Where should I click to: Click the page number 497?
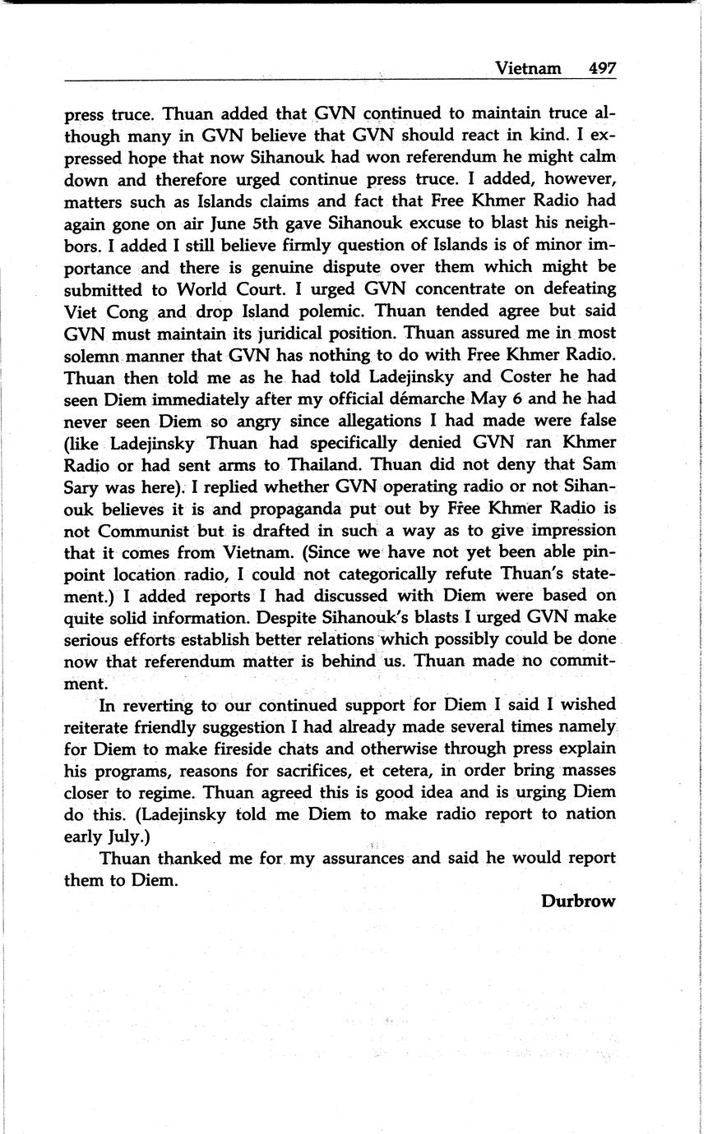602,68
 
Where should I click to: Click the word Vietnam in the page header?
528,68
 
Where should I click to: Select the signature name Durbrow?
578,901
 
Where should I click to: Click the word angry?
246,421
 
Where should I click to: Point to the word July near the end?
121,837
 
